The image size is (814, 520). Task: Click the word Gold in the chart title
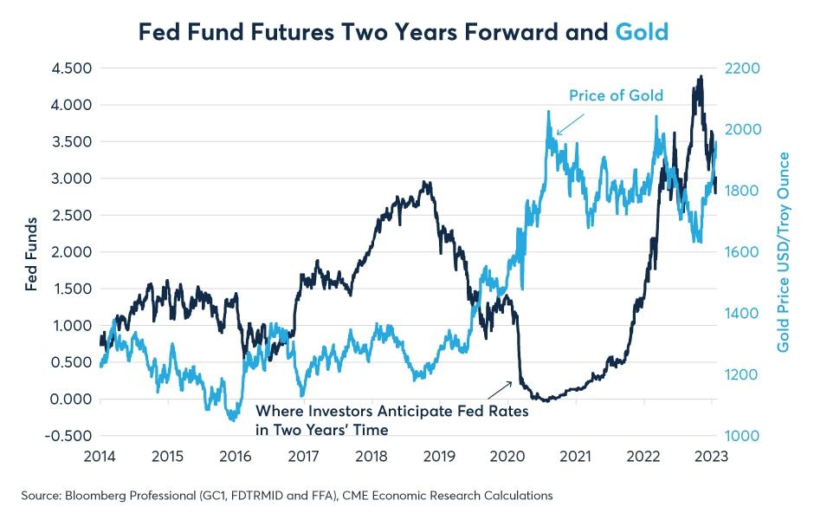(x=642, y=32)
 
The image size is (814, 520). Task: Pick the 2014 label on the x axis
(x=100, y=456)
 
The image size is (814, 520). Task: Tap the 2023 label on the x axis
(x=713, y=456)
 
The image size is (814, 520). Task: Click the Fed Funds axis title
(x=32, y=254)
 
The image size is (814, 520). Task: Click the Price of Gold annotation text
(x=616, y=95)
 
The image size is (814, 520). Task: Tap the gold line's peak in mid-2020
(x=549, y=111)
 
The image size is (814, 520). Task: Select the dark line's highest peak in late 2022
(x=699, y=76)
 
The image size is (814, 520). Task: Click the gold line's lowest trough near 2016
(x=233, y=420)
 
